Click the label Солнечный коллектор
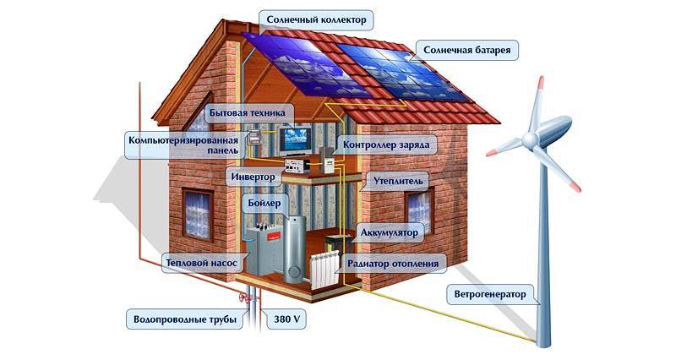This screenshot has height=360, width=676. (x=316, y=19)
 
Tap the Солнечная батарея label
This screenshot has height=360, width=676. (x=466, y=50)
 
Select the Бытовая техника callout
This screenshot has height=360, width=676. (x=247, y=113)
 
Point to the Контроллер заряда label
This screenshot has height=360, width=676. (x=386, y=145)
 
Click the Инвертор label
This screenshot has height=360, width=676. (x=253, y=177)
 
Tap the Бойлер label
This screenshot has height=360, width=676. (x=264, y=203)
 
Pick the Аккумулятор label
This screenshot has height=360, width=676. (x=389, y=232)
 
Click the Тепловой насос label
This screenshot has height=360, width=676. (x=201, y=263)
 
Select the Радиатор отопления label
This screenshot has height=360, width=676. (x=393, y=263)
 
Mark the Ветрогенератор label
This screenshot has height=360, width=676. (x=490, y=294)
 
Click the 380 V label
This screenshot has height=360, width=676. (x=286, y=319)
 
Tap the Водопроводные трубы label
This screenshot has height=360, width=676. (x=185, y=319)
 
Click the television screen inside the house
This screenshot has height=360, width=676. (x=294, y=139)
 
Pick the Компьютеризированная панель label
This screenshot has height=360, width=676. (x=183, y=145)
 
